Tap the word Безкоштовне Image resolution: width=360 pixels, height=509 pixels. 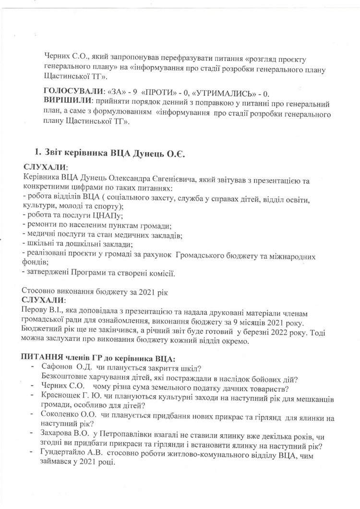pyautogui.click(x=65, y=377)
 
